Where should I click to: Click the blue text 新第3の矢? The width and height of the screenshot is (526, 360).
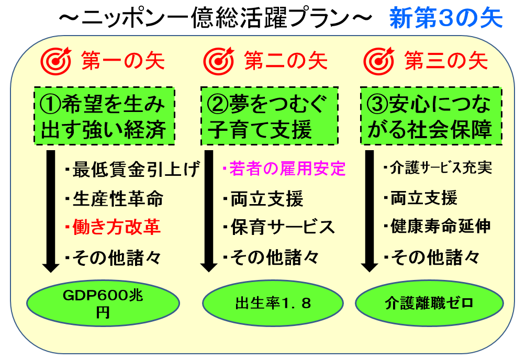click(x=446, y=18)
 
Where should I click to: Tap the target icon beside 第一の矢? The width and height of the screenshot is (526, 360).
click(x=56, y=61)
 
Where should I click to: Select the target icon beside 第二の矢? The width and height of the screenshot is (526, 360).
click(x=219, y=61)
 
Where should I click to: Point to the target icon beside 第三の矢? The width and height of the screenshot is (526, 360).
click(x=379, y=61)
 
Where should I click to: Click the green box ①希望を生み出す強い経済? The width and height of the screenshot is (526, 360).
click(x=104, y=116)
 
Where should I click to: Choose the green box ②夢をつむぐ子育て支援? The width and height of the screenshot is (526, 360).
click(x=269, y=116)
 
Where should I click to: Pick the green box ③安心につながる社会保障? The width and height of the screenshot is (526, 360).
click(x=431, y=116)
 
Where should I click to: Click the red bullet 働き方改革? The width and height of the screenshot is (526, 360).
click(x=113, y=227)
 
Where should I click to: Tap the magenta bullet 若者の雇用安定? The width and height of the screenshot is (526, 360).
click(x=284, y=168)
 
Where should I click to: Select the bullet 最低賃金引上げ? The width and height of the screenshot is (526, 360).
click(x=133, y=169)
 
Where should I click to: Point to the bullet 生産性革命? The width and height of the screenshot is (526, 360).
click(x=114, y=198)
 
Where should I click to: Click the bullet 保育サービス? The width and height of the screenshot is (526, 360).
click(x=279, y=227)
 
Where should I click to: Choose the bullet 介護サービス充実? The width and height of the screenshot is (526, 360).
click(x=438, y=168)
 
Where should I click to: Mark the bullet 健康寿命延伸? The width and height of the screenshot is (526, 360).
click(x=437, y=226)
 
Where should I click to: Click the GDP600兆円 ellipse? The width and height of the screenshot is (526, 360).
click(x=103, y=303)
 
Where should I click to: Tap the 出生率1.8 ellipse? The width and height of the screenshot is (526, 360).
click(x=273, y=303)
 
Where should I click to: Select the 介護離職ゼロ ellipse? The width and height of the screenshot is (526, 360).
click(x=429, y=303)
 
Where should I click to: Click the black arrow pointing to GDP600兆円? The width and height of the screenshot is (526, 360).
click(x=51, y=211)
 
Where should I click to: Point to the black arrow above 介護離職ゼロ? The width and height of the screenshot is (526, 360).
click(x=370, y=211)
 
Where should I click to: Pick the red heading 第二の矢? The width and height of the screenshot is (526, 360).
click(x=286, y=61)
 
